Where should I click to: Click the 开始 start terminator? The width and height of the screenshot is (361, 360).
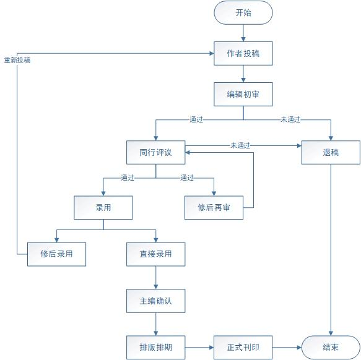pyautogui.click(x=243, y=12)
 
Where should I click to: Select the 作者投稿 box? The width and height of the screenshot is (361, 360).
pyautogui.click(x=243, y=53)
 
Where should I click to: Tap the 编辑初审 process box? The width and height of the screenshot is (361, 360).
pyautogui.click(x=243, y=94)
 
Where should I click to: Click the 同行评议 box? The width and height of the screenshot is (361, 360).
pyautogui.click(x=155, y=152)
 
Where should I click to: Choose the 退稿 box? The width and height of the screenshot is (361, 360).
pyautogui.click(x=331, y=152)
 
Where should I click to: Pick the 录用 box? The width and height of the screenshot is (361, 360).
pyautogui.click(x=103, y=207)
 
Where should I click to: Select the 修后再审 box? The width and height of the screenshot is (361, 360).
pyautogui.click(x=214, y=207)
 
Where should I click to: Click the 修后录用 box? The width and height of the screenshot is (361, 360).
pyautogui.click(x=56, y=254)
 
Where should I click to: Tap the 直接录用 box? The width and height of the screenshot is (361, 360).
pyautogui.click(x=155, y=254)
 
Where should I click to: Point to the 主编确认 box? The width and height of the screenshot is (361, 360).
pyautogui.click(x=155, y=301)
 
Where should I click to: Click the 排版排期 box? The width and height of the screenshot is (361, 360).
pyautogui.click(x=155, y=348)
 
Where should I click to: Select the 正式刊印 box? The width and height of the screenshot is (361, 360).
pyautogui.click(x=243, y=348)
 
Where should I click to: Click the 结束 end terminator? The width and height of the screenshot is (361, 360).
pyautogui.click(x=331, y=348)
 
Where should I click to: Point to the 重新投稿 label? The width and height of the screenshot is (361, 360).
pyautogui.click(x=17, y=60)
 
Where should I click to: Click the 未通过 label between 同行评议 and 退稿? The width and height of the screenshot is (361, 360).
pyautogui.click(x=240, y=145)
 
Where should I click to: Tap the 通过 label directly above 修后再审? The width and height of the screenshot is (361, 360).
pyautogui.click(x=187, y=178)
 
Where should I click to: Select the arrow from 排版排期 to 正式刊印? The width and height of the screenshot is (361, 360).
pyautogui.click(x=199, y=348)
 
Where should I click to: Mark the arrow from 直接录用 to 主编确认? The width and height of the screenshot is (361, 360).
pyautogui.click(x=155, y=277)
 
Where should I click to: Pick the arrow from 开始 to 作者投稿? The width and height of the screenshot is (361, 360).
pyautogui.click(x=243, y=33)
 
